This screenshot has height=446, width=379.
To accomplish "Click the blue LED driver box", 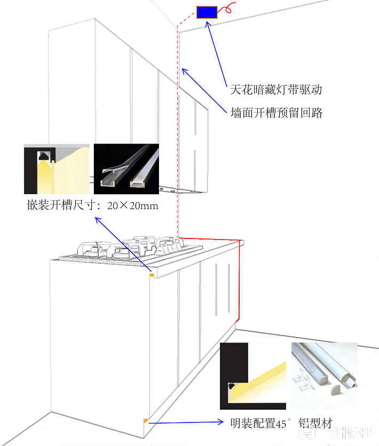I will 207,12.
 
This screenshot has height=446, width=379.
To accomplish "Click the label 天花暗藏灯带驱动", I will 276,89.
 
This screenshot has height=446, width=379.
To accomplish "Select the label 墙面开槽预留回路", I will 276,113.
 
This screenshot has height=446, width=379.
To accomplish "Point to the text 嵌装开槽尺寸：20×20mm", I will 92,205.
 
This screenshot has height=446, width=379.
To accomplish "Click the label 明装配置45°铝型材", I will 281,424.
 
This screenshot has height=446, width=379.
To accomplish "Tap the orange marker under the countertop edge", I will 151,275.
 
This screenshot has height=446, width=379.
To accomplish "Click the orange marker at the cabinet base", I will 145,421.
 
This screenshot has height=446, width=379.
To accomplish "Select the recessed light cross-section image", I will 56,169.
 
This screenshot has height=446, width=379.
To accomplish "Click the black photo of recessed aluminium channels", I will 126,169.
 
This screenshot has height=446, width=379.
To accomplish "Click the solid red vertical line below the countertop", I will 237,283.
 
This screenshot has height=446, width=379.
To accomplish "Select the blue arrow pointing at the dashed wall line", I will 203,89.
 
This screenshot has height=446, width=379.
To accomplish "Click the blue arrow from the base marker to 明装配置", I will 187,423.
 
